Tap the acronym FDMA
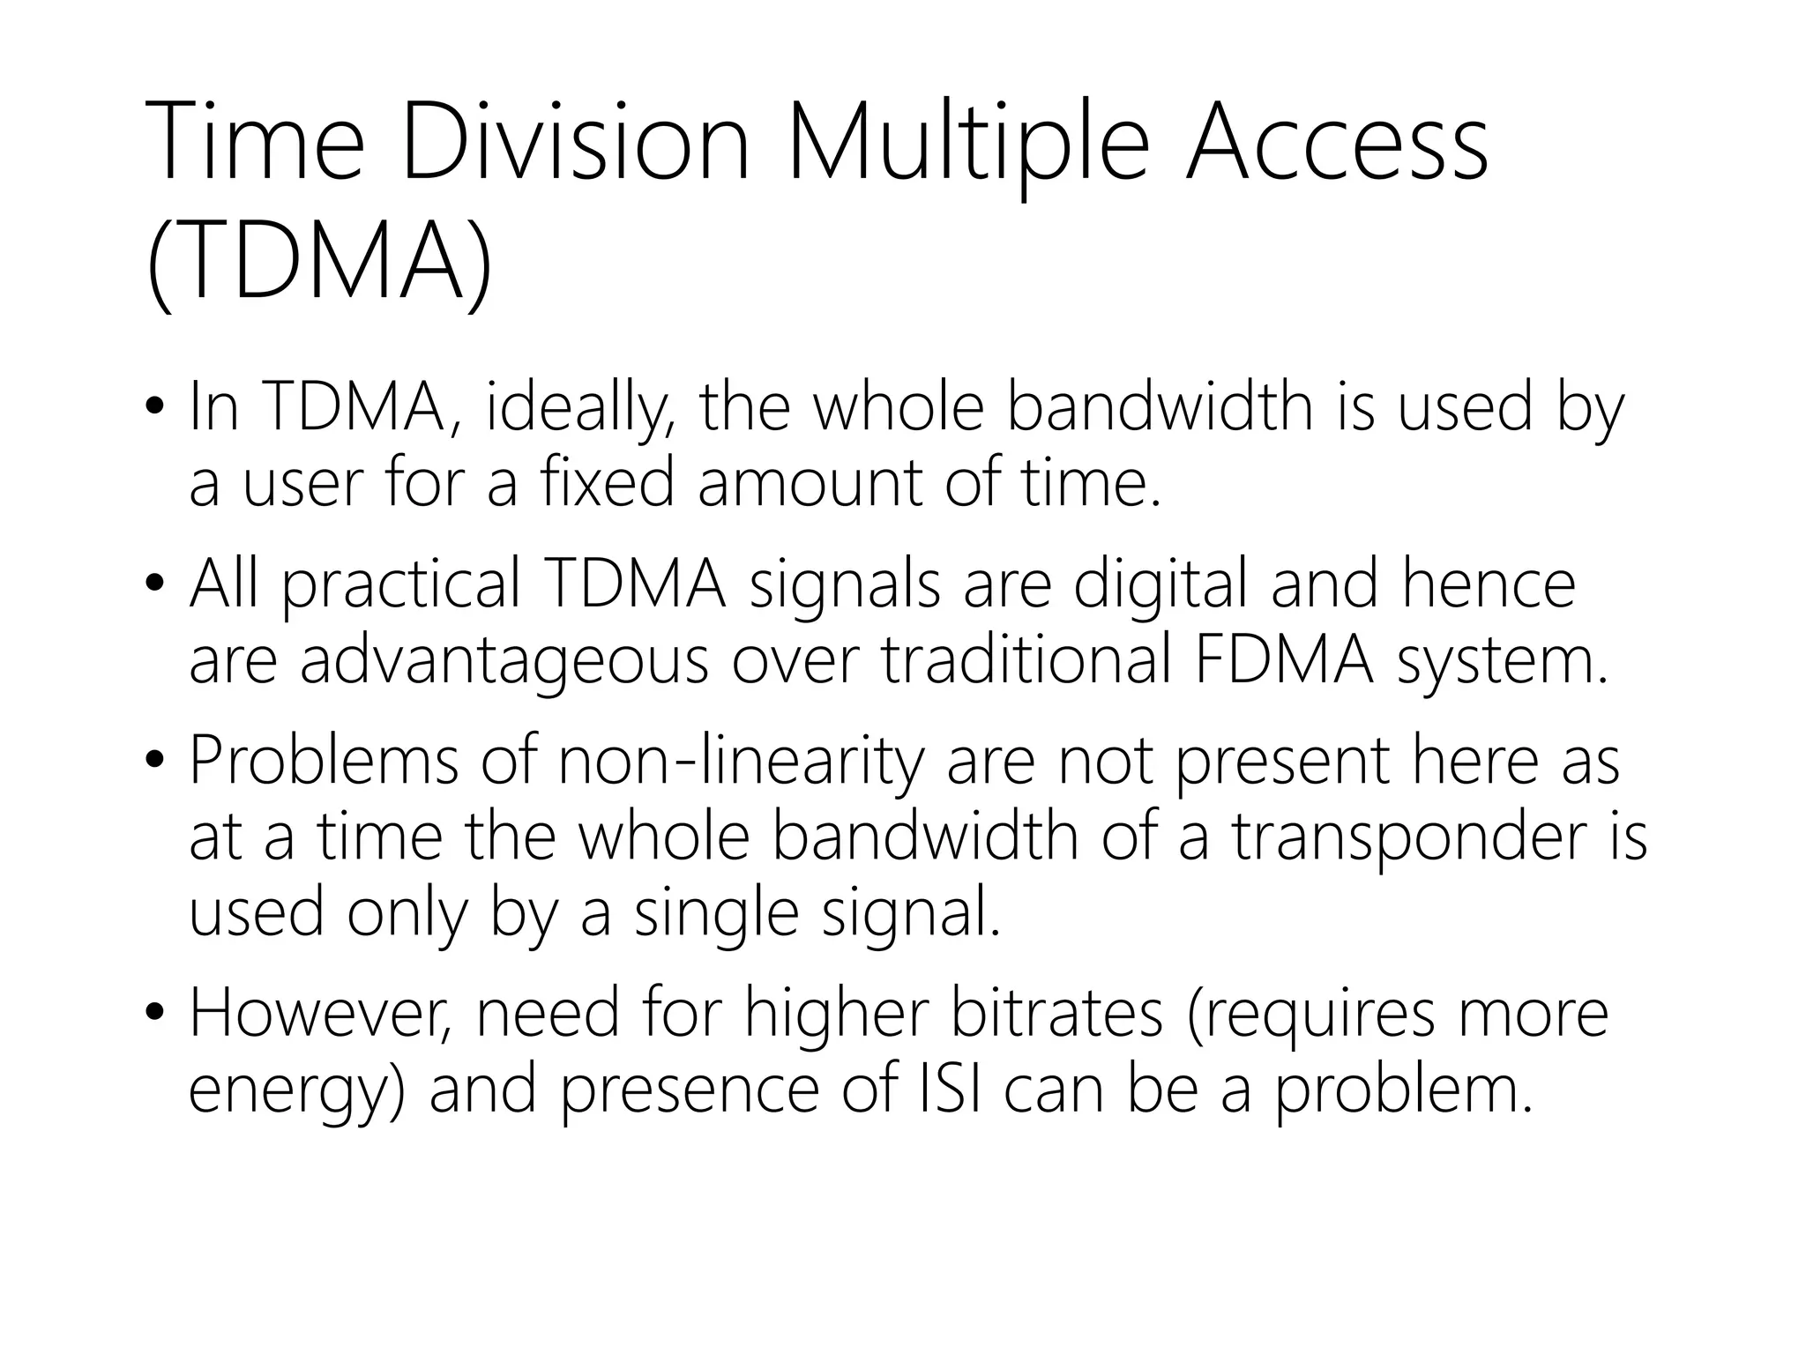[1283, 660]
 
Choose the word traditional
[1027, 660]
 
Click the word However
[321, 1015]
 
